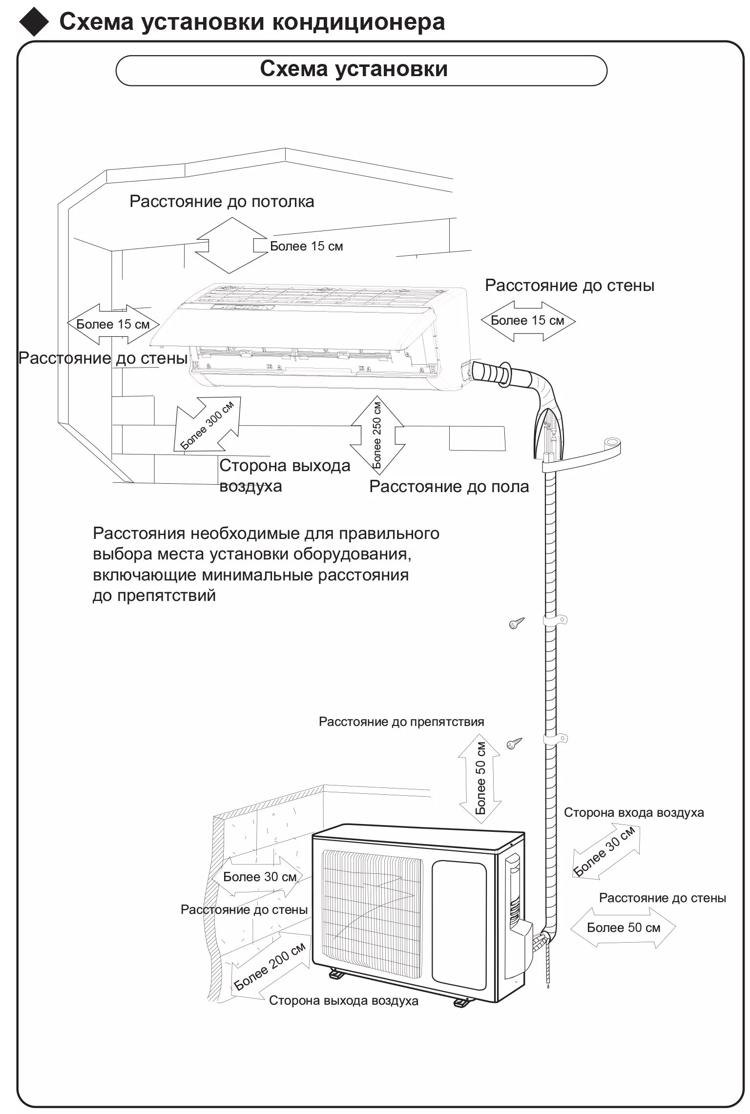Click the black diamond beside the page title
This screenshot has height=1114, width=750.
pyautogui.click(x=34, y=23)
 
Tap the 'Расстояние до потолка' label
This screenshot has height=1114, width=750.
pyautogui.click(x=222, y=202)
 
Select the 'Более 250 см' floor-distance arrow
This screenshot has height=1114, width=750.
pyautogui.click(x=377, y=435)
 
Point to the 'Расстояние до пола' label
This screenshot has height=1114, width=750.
pyautogui.click(x=449, y=487)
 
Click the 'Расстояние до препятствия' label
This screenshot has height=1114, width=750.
pyautogui.click(x=401, y=722)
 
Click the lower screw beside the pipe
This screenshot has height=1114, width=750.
pyautogui.click(x=514, y=744)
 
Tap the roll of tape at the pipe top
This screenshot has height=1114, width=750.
pyautogui.click(x=610, y=444)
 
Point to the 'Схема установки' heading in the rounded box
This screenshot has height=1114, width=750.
pyautogui.click(x=354, y=69)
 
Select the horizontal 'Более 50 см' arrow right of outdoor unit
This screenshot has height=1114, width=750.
pyautogui.click(x=623, y=928)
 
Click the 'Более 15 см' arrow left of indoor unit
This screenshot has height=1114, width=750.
pyautogui.click(x=113, y=324)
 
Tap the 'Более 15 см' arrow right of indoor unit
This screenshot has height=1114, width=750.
pyautogui.click(x=528, y=321)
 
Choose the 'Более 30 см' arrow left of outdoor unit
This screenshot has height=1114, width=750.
pyautogui.click(x=259, y=877)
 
